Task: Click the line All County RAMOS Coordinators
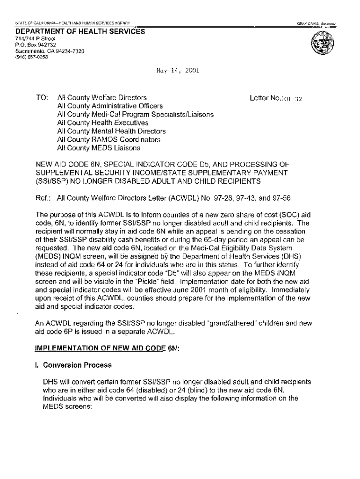click(x=108, y=139)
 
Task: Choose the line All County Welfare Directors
click(x=102, y=98)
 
